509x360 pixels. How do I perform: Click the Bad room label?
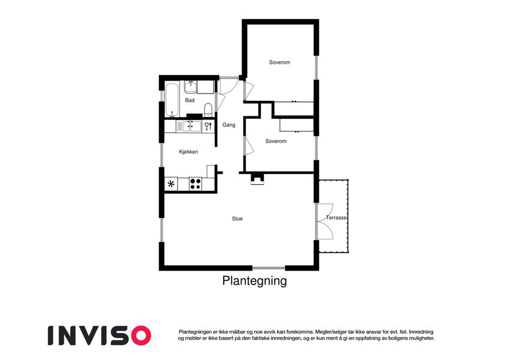189,100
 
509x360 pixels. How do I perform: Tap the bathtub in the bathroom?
171,100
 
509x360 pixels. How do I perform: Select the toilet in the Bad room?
208,110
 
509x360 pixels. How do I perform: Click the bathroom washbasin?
191,87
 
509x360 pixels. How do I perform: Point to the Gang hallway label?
228,125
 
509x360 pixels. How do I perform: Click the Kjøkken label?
188,152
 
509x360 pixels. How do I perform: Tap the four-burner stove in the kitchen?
195,184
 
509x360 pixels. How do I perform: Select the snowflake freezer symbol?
171,184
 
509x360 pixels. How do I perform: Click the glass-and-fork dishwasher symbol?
208,126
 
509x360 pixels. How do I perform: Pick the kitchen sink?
189,126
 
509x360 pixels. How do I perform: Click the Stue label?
237,218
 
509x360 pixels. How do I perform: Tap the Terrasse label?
336,218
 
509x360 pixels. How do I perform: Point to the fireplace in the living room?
257,179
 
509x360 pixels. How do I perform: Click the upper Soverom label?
279,62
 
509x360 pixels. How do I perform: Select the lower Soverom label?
276,141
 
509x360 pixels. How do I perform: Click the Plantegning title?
254,281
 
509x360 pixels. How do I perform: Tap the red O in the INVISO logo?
140,335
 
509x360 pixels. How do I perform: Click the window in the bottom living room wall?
269,268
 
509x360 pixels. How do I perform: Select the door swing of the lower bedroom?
249,145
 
